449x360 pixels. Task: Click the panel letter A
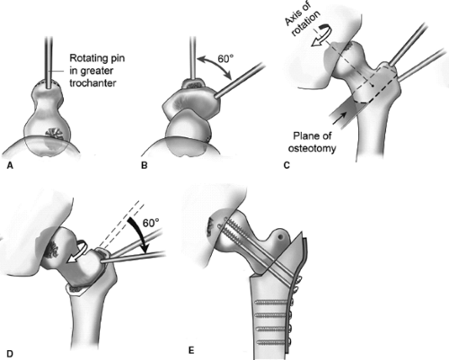tap(10, 165)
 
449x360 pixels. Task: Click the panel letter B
tap(145, 165)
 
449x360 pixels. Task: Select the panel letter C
tap(286, 165)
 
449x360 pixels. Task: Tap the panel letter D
tap(10, 354)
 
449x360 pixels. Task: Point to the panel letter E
tap(191, 350)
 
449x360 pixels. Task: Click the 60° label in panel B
tap(225, 59)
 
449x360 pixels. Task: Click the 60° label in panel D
tap(151, 223)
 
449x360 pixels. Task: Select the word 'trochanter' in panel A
tap(92, 83)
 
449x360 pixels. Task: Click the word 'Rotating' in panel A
tap(86, 57)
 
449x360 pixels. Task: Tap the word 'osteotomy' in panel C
tap(312, 148)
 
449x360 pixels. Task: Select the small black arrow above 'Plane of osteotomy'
tap(339, 118)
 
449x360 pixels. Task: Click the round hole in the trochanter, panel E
tap(280, 237)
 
